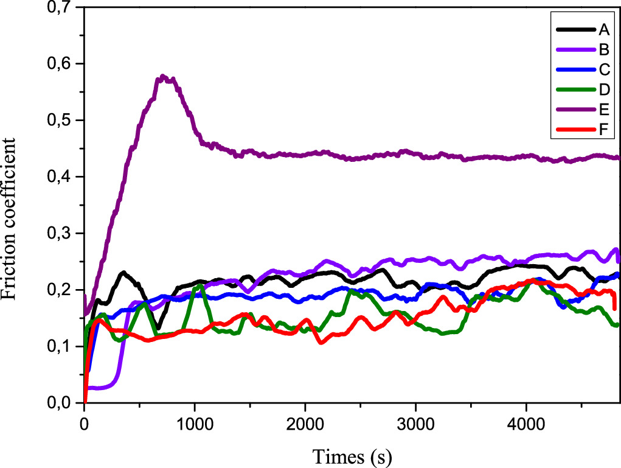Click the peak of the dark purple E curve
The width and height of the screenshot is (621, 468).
(x=163, y=77)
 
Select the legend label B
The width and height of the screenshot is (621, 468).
(x=603, y=49)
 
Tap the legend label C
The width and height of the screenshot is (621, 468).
(x=603, y=70)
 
